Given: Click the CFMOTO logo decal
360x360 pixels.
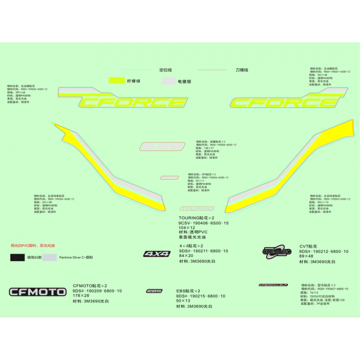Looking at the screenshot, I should click(x=38, y=292).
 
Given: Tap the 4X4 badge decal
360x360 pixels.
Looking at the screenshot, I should click(x=157, y=254).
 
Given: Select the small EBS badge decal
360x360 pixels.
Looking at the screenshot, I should click(x=154, y=291).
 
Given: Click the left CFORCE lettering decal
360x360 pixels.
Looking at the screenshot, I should click(x=134, y=103).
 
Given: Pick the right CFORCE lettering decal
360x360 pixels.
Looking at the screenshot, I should click(x=282, y=103).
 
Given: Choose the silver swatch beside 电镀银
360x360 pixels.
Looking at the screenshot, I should click(x=168, y=81).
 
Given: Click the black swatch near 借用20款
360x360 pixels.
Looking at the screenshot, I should click(x=18, y=258).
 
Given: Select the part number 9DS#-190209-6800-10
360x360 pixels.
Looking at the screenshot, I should click(x=97, y=291).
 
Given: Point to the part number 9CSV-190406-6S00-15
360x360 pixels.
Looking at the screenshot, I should click(x=203, y=223).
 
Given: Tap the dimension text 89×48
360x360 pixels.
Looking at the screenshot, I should click(x=306, y=256).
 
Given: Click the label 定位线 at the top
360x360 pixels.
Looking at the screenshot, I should click(x=166, y=70).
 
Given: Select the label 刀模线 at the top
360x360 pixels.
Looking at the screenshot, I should click(x=242, y=70).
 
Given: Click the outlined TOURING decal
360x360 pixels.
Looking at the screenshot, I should click(x=197, y=209).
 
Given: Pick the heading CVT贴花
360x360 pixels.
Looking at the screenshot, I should click(x=308, y=246).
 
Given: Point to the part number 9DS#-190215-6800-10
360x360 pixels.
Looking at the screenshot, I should click(x=201, y=296).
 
